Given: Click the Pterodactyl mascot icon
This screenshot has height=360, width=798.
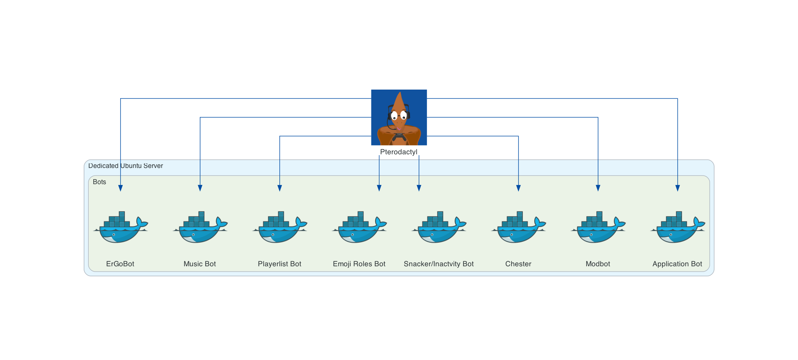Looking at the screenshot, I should point(399,117).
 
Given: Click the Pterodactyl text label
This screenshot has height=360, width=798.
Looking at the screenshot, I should point(399,152).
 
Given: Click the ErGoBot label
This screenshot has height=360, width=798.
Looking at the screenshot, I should point(120,264).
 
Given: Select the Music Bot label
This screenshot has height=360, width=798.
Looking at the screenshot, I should point(200,264).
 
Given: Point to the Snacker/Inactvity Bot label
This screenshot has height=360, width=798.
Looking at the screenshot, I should point(439,264).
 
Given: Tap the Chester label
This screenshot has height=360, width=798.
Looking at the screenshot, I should point(518,264).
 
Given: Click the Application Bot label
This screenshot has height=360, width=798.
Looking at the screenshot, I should point(677,264).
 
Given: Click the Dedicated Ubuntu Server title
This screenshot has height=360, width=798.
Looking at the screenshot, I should point(126,166).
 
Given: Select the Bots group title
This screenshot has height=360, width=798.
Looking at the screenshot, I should point(99,182).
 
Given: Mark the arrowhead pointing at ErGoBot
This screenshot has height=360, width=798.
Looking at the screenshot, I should point(121,188).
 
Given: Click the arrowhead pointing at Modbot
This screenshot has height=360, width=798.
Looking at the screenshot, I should point(598,188).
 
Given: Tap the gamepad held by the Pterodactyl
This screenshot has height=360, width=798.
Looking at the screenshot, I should point(399,136).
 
